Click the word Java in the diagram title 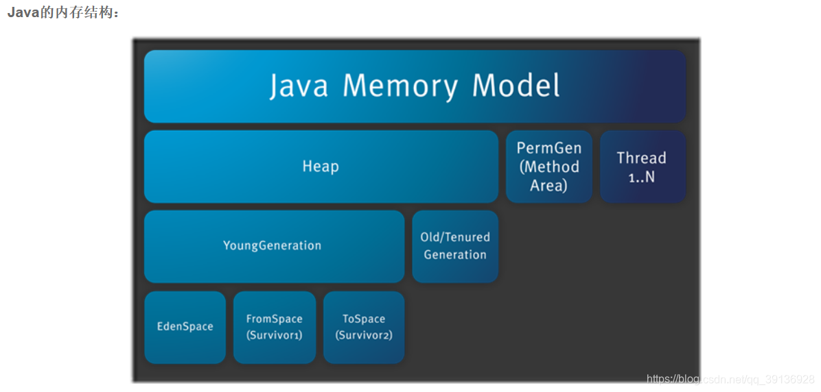coord(299,86)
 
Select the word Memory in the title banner coord(400,86)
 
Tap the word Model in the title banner coord(516,86)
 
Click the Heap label coord(321,167)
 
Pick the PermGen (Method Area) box coord(548,167)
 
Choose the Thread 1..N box coord(642,167)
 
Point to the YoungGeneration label coord(272,245)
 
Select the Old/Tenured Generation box coord(455,246)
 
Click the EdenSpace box coord(185,327)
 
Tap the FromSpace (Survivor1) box coord(274,327)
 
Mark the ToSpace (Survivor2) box coord(364,327)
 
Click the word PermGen coord(548,148)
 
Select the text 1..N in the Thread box coord(642,177)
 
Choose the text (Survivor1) coord(274,336)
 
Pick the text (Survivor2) coord(364,336)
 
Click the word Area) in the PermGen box coord(548,185)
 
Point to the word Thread coord(642,158)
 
